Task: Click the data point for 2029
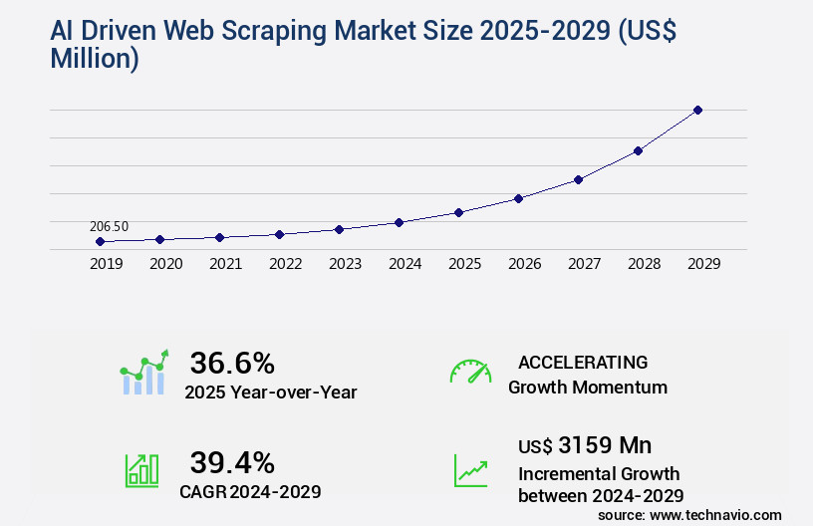pos(697,110)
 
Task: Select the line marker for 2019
pos(100,241)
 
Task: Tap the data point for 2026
pos(518,198)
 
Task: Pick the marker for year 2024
pos(399,222)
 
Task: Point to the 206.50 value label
pos(109,226)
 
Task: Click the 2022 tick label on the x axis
pos(285,264)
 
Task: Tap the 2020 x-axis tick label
pos(165,264)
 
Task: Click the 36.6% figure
pos(232,363)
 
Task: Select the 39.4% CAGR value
pos(232,462)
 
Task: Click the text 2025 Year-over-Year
pos(270,393)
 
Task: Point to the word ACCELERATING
pos(583,362)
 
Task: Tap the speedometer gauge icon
pos(470,371)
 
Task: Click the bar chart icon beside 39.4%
pos(141,470)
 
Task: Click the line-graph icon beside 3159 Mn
pos(470,470)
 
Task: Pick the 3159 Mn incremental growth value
pos(585,444)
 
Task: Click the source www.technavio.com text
pos(689,514)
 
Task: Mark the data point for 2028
pos(638,150)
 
